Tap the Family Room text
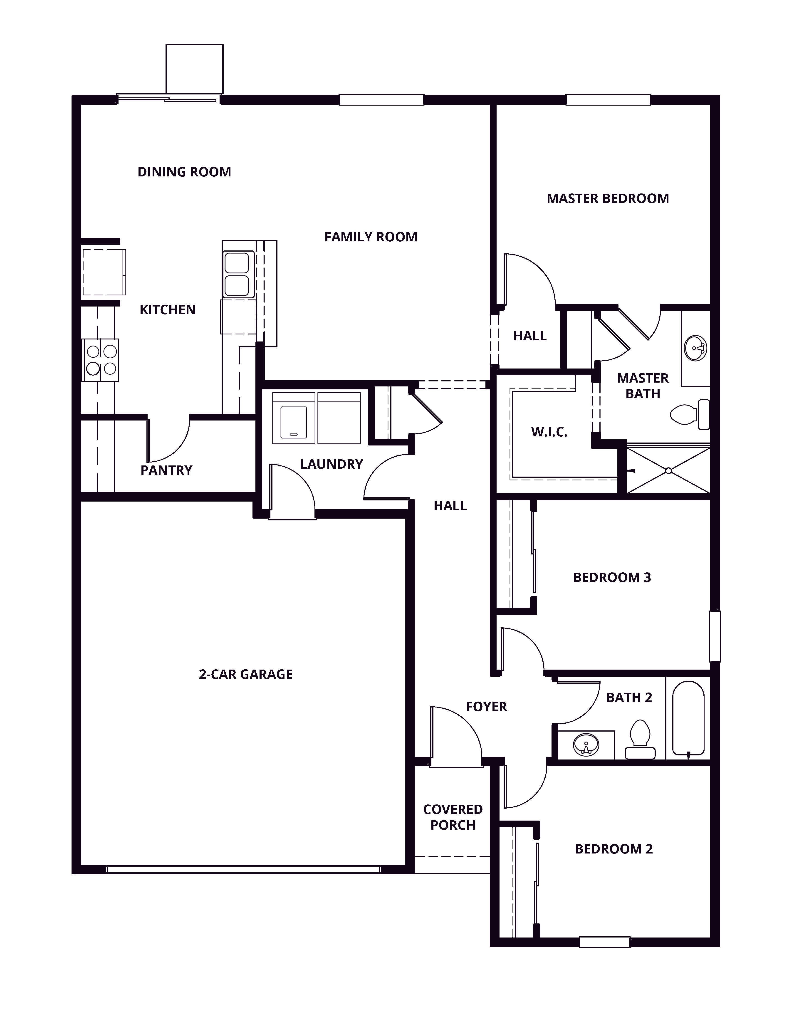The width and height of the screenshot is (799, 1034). pos(371,237)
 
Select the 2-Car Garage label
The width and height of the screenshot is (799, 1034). pos(246,674)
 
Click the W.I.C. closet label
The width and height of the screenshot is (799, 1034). pos(549,432)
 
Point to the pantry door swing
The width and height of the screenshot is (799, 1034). pos(168,440)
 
